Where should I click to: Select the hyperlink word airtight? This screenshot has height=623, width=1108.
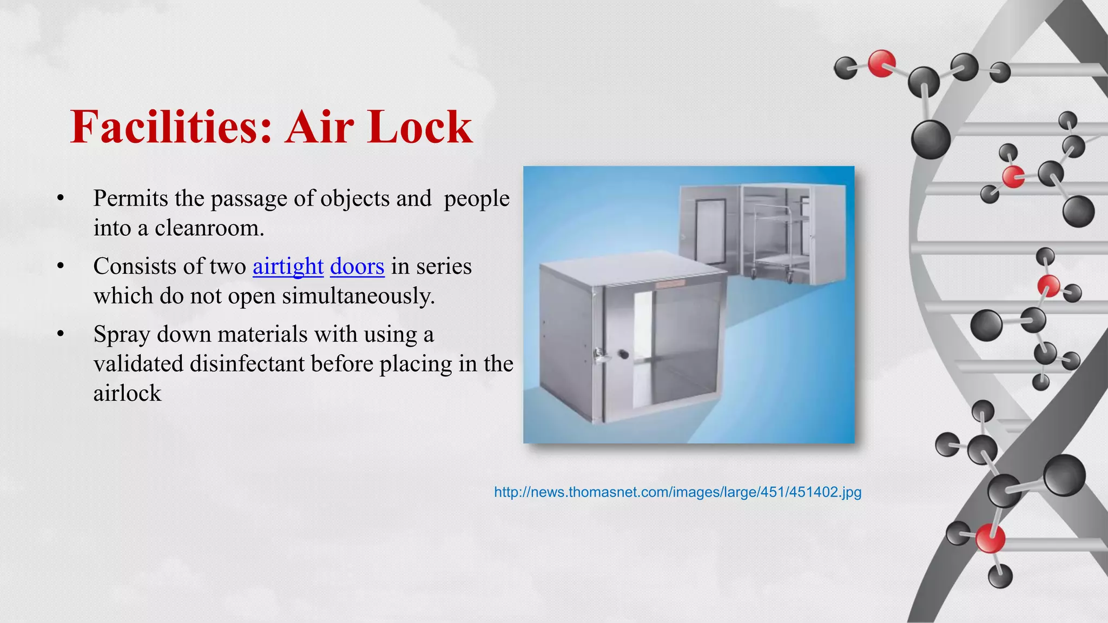coord(288,266)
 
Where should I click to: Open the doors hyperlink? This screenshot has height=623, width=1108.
coord(357,266)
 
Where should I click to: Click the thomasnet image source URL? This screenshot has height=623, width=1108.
coord(677,492)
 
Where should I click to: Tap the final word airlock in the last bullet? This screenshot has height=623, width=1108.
coord(127,393)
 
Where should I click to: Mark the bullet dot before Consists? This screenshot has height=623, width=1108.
coord(61,266)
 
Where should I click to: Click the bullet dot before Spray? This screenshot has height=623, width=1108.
coord(61,334)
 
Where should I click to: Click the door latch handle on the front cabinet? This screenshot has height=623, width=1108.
coord(599,355)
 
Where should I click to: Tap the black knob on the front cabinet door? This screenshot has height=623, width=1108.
coord(624,354)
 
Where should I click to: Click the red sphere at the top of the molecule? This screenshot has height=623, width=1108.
coord(881,63)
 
